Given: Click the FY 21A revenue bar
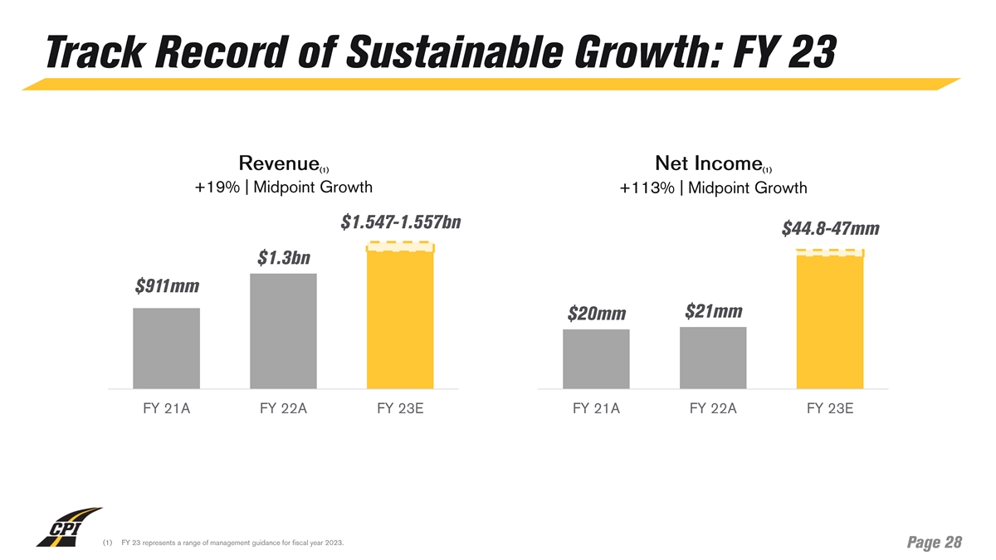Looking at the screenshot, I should (x=166, y=348).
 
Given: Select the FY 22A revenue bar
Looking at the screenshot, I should (x=283, y=331).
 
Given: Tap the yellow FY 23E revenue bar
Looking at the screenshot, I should (x=400, y=319).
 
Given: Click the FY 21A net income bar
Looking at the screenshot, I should (x=596, y=358).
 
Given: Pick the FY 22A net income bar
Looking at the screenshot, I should (x=713, y=358).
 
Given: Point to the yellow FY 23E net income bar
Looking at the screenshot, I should (x=830, y=322).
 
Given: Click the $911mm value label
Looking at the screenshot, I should (x=167, y=287).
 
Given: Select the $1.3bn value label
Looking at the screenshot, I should (x=284, y=258).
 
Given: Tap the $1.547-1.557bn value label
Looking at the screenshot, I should (x=401, y=223).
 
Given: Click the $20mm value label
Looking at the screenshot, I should (x=596, y=314).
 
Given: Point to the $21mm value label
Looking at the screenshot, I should (x=714, y=311).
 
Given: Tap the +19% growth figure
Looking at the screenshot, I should (x=212, y=187).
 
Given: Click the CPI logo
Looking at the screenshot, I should (x=68, y=528).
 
